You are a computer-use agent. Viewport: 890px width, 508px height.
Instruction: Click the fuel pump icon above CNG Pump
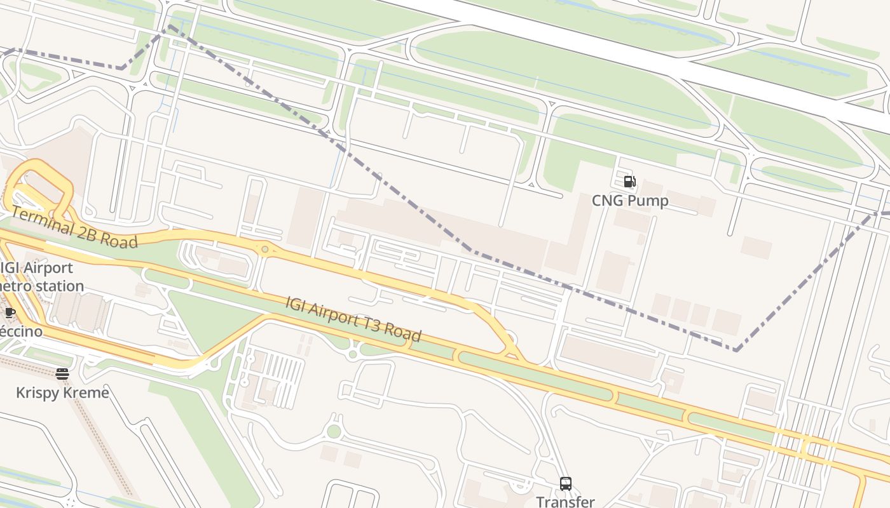629,182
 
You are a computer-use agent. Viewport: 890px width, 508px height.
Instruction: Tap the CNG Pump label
630,201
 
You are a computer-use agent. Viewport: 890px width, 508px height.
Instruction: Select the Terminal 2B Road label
74,228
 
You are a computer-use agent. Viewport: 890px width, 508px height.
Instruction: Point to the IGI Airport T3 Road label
353,319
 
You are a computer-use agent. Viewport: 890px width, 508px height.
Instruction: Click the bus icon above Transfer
565,484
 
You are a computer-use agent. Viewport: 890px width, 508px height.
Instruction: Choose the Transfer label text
565,502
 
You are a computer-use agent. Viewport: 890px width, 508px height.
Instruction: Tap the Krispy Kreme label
62,393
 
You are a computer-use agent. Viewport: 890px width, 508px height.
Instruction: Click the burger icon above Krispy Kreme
62,374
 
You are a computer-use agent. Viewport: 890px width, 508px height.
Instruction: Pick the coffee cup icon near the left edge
10,312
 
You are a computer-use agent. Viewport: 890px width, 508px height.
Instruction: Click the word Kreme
86,393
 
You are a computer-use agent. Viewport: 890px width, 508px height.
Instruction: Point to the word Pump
647,201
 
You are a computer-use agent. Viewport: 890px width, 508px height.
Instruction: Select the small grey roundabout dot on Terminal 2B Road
264,250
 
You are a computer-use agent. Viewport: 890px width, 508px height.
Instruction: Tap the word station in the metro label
59,286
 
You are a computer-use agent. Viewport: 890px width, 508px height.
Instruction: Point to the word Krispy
38,393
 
